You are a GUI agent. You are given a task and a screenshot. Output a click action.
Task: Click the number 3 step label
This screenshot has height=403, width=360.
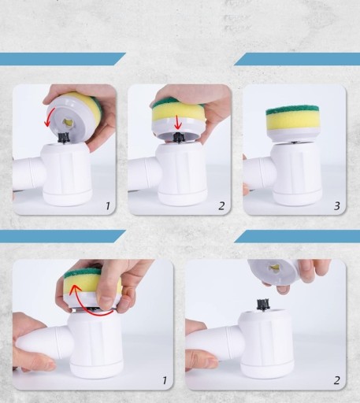coord(337,205)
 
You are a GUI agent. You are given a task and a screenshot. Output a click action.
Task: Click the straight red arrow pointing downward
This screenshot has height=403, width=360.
coord(178,122)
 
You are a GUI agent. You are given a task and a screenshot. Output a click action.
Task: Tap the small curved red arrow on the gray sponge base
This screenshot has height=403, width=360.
coord(48,116)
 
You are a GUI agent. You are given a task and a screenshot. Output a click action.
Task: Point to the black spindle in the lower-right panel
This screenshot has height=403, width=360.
coord(263,305)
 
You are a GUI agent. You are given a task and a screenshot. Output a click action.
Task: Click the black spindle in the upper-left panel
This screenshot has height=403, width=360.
coord(63,138)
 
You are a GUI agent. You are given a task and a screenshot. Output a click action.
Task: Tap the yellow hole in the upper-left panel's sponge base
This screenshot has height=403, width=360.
coord(68,122)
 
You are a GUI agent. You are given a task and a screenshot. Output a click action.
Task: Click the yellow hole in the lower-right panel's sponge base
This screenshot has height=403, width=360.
coord(274,268)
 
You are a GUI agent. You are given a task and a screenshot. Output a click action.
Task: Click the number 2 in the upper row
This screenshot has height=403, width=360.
coord(221,205)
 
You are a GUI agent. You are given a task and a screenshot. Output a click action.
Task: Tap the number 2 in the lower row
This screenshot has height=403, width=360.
coord(337,380)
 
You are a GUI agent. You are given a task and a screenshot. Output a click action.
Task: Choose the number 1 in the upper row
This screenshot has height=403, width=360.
coord(107,206)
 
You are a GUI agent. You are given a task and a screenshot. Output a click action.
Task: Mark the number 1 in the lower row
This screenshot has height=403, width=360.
coord(165,380)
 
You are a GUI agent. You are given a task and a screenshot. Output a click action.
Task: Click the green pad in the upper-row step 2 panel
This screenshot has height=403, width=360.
coord(177,102)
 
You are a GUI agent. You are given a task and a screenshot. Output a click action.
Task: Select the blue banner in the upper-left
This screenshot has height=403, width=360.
coord(62,59)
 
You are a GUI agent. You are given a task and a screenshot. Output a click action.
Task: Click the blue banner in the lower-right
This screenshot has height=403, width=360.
coord(297,236)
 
